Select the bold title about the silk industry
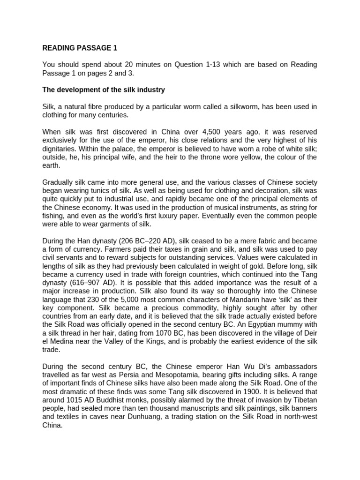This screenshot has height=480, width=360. click(104, 90)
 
